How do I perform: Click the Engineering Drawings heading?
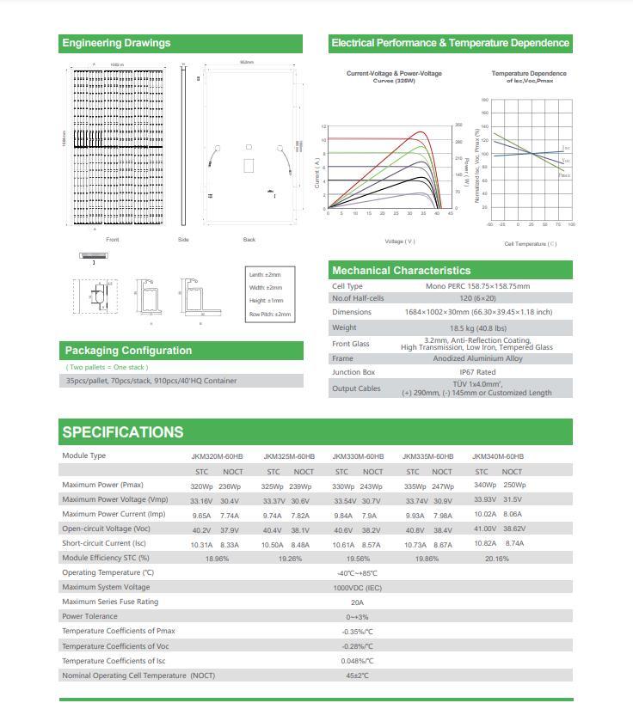click(117, 43)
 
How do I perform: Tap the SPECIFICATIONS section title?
click(122, 432)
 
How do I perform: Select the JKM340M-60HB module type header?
click(498, 456)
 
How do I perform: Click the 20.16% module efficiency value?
click(497, 559)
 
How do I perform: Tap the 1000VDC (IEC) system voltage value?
click(357, 588)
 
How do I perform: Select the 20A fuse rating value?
click(357, 602)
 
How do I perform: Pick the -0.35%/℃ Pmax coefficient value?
click(357, 632)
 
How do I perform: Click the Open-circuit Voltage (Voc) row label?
click(106, 529)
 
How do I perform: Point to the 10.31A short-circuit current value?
click(201, 544)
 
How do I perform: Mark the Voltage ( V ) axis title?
click(399, 241)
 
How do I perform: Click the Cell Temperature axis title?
click(530, 244)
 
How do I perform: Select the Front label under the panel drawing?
click(113, 240)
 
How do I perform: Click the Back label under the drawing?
click(249, 240)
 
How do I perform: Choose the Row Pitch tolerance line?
click(270, 315)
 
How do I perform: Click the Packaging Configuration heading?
click(128, 351)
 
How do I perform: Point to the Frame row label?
click(342, 358)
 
